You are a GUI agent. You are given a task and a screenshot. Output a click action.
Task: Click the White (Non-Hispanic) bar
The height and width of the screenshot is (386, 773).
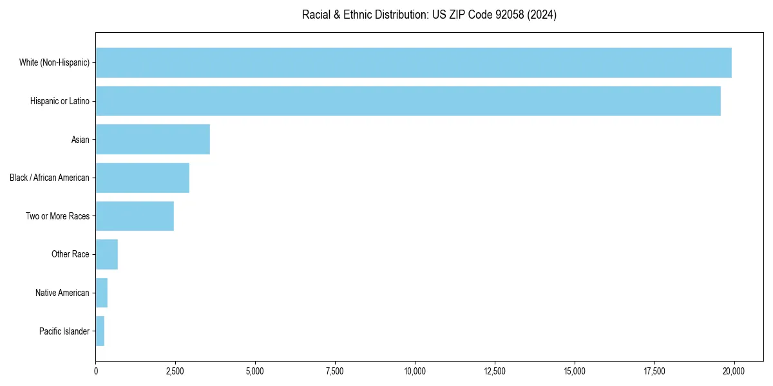coord(414,62)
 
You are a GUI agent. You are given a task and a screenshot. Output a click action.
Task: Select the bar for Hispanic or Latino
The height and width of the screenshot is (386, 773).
coord(408,101)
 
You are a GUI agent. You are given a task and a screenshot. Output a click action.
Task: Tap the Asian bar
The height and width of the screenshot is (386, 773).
coord(153,140)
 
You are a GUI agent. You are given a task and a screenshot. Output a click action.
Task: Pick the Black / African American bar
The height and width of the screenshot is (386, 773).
coord(142,178)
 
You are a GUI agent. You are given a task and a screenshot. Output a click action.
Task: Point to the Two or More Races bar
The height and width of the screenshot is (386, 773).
coord(135,216)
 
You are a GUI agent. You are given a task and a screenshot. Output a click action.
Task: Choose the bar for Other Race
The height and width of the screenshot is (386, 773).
coord(107,254)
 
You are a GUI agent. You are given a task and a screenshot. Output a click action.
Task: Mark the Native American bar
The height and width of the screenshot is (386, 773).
coord(102,293)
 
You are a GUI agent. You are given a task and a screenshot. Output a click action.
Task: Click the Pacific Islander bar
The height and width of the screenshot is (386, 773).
coord(100,331)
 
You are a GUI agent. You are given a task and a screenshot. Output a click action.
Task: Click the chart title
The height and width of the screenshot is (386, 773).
coord(429,14)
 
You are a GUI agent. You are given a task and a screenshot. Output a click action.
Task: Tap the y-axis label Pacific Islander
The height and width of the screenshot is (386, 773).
coord(64,331)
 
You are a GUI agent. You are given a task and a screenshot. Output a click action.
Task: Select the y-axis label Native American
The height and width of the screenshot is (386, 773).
coord(62,293)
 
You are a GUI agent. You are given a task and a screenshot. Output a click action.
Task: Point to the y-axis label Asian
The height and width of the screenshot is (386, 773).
coord(81,140)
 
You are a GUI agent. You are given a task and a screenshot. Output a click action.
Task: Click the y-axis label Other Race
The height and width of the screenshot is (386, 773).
coord(70,254)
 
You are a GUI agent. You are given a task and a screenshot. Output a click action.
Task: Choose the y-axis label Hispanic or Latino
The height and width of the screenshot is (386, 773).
coord(60,101)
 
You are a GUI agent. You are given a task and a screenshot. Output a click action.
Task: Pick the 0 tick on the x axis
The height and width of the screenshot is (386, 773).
coord(96,371)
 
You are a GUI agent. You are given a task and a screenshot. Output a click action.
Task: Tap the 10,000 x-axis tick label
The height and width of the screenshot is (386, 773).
coord(415,371)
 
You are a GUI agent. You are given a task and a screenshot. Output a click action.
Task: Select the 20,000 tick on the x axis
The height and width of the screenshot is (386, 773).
coord(734,371)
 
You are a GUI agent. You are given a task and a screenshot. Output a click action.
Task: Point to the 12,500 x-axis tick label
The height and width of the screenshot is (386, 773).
coord(495,371)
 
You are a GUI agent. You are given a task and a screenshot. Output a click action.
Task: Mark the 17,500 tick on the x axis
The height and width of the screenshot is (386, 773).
coord(654,371)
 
